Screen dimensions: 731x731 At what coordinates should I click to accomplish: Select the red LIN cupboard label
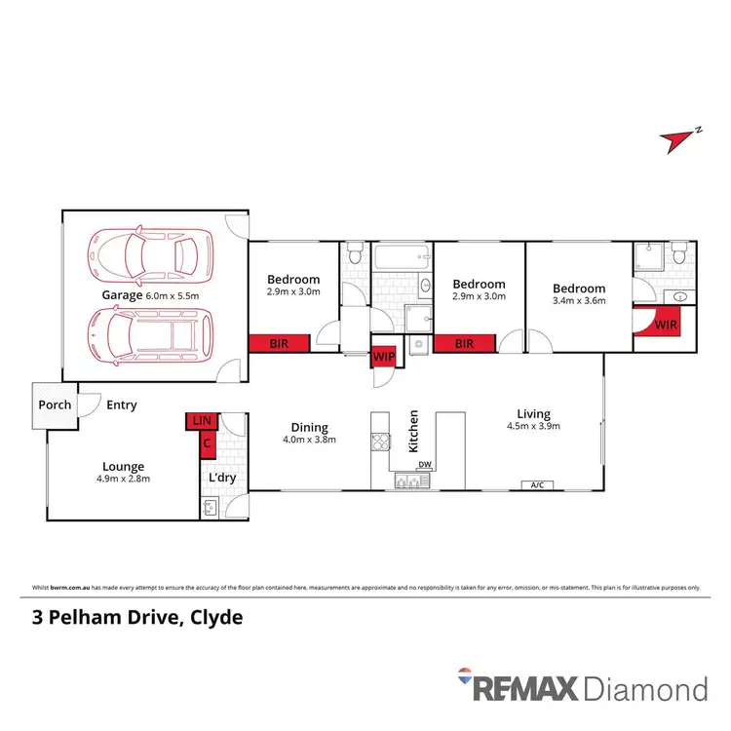[202, 421]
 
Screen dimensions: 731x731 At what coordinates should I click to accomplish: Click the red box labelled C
[207, 444]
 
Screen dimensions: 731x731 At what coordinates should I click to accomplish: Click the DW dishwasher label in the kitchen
[423, 465]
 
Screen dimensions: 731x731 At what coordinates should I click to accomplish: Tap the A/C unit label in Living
[534, 484]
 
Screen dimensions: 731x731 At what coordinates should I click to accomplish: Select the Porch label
[54, 405]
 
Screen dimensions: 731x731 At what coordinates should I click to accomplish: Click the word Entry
[122, 405]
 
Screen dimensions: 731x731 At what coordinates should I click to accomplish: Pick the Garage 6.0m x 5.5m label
[151, 295]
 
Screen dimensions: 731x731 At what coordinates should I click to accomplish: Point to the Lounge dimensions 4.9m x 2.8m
[123, 479]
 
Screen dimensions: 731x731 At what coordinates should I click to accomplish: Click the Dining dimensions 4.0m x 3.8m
[309, 439]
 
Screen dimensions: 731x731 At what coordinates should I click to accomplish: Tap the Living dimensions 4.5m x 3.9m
[533, 426]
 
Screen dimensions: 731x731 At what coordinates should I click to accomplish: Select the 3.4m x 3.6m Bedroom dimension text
[579, 300]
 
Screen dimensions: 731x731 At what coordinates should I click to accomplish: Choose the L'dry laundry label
[224, 479]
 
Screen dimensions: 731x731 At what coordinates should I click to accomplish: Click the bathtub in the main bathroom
[401, 260]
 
